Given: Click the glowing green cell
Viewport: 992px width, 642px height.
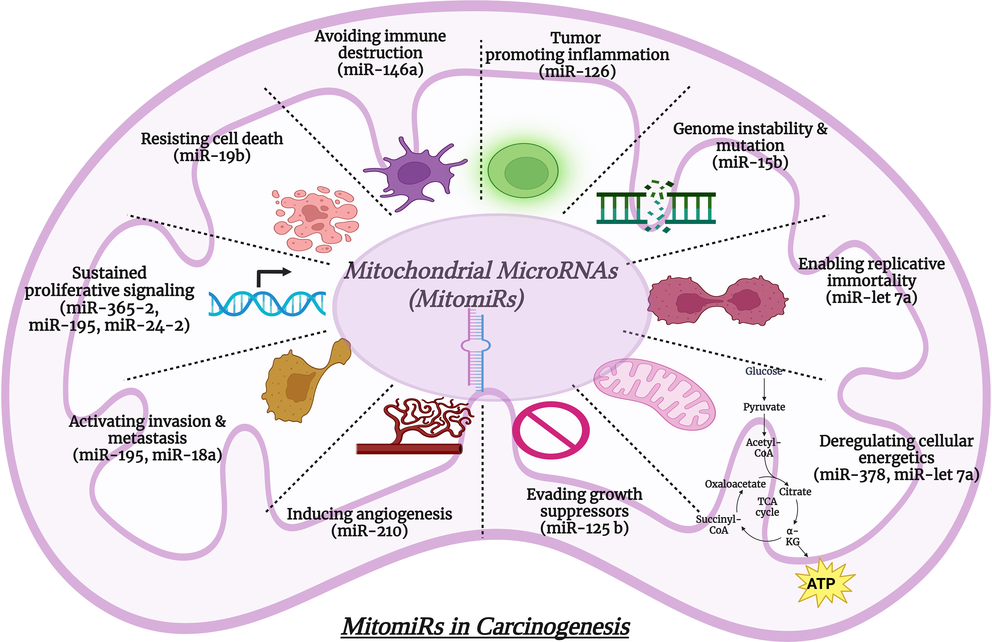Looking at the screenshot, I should tap(523, 171).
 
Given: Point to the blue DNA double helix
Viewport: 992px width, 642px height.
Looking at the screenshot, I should tap(267, 303).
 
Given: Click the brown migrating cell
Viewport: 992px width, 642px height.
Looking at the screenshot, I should tap(302, 381).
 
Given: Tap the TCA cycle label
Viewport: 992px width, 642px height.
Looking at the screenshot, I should tap(767, 507).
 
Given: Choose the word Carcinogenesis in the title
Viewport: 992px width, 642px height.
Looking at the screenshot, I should tap(552, 626).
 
